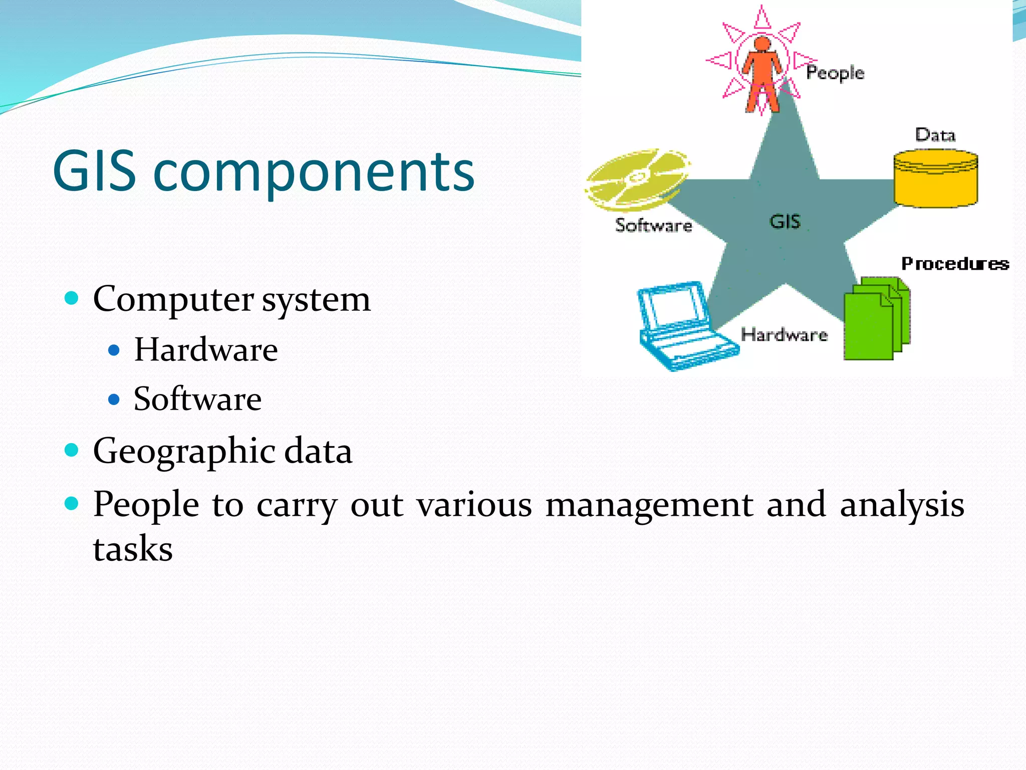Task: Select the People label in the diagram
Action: pyautogui.click(x=835, y=73)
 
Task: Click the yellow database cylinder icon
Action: pyautogui.click(x=935, y=179)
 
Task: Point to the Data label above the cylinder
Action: pyautogui.click(x=935, y=135)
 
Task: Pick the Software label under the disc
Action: pyautogui.click(x=653, y=225)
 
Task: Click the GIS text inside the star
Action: pyautogui.click(x=785, y=222)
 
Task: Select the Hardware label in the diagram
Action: pyautogui.click(x=784, y=334)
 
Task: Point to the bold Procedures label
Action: pyautogui.click(x=954, y=264)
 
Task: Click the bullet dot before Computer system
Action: pyautogui.click(x=72, y=299)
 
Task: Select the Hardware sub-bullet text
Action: pyautogui.click(x=205, y=349)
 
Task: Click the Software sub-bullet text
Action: pyautogui.click(x=197, y=399)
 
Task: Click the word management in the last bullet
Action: pyautogui.click(x=649, y=504)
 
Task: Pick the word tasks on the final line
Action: pyautogui.click(x=133, y=548)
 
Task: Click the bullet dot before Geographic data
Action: pyautogui.click(x=72, y=450)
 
